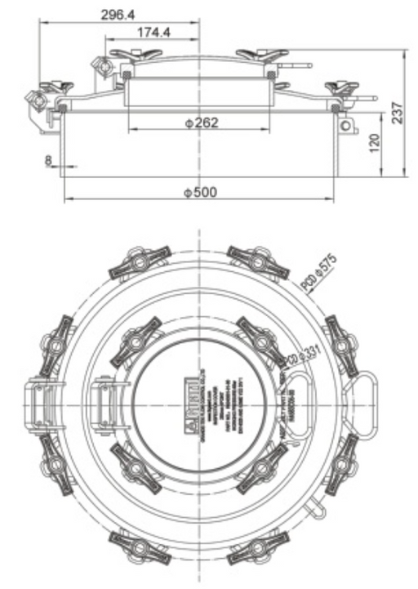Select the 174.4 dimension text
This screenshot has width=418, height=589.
coord(153,33)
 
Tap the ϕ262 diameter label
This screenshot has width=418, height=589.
coord(201,123)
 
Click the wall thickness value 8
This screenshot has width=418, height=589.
coord(48,160)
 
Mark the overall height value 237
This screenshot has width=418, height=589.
coord(398,113)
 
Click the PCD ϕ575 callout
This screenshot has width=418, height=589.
coord(319,270)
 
